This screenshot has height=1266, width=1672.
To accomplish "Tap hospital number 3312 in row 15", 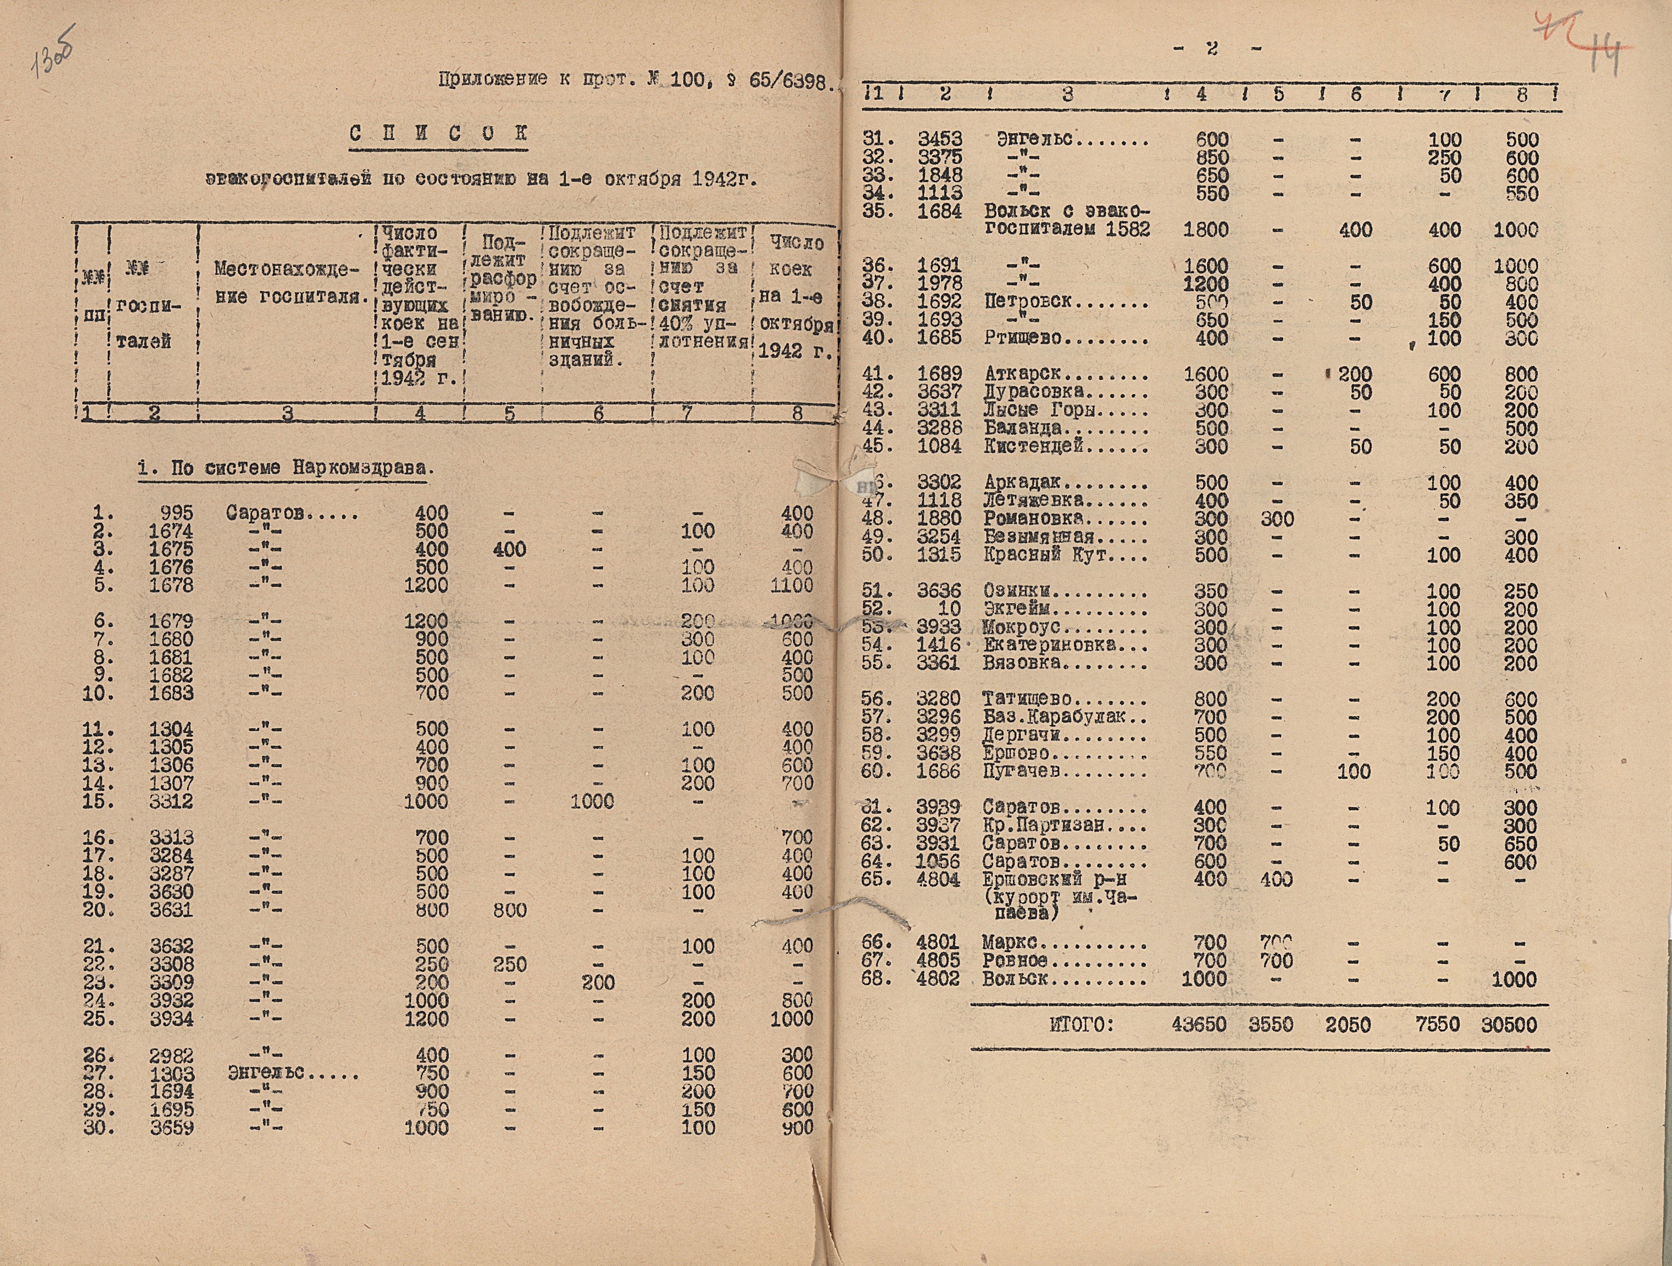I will (171, 801).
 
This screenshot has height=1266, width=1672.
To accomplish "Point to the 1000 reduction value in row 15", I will (592, 801).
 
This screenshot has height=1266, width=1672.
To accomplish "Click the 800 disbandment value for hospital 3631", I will (510, 910).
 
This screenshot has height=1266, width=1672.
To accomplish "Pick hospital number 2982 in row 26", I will (171, 1055).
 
